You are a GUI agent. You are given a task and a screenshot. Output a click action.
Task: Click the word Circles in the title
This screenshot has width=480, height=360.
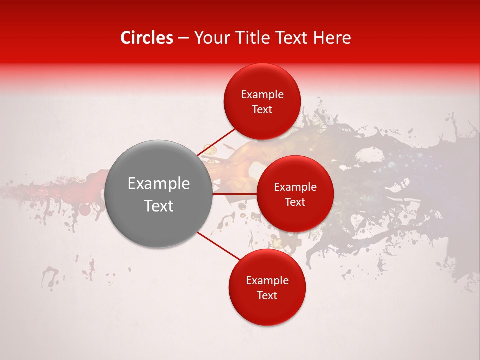(x=146, y=38)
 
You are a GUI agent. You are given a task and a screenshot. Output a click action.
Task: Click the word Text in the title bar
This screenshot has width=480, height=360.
(x=292, y=38)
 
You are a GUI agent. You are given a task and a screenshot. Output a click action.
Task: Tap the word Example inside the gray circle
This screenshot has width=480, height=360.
(x=159, y=184)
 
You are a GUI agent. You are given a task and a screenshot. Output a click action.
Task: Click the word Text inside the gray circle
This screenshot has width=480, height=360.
(x=159, y=206)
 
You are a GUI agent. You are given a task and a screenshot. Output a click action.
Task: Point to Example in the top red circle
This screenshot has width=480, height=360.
(x=262, y=95)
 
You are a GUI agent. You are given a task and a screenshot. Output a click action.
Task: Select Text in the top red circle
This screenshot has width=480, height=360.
(x=262, y=110)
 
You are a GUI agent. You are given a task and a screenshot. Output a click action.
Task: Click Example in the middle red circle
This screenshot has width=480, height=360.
(x=295, y=187)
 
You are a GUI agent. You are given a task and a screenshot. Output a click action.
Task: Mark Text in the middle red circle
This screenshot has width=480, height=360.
(x=295, y=202)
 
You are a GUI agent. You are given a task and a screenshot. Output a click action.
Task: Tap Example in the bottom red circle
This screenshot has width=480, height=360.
(x=267, y=281)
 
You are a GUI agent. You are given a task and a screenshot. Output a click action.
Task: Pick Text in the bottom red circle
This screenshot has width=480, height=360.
(x=267, y=296)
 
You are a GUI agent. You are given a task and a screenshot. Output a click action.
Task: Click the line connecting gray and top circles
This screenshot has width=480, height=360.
(x=216, y=142)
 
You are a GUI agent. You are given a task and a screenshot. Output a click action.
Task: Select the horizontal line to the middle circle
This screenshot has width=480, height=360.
(x=235, y=194)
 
